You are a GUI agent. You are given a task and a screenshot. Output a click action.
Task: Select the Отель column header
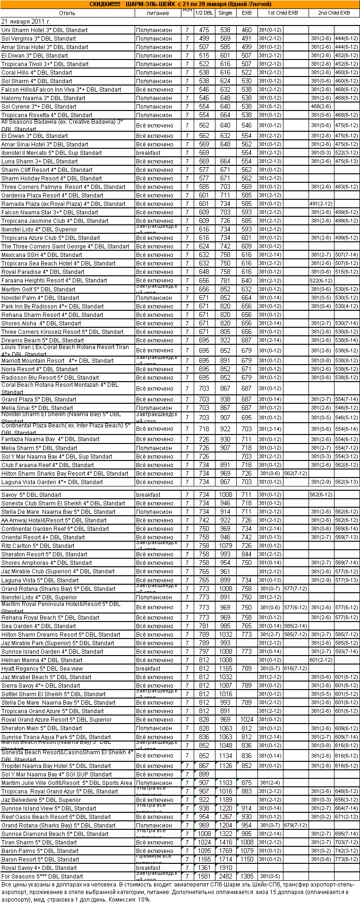pos(68,13)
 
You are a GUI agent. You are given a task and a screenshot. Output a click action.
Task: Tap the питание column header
pos(158,13)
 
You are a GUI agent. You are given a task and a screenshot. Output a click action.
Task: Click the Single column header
pos(225,13)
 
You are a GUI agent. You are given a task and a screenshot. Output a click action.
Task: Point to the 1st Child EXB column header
pos(283,13)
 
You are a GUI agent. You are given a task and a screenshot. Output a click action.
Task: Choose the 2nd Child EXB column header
pos(334,13)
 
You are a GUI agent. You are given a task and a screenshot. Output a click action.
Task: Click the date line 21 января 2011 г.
pos(26,22)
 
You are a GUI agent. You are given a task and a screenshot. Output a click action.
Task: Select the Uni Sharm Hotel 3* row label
pos(44,30)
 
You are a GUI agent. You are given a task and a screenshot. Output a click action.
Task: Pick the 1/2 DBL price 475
pos(204,30)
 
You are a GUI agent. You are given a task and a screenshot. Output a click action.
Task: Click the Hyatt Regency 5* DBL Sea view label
pos(42,669)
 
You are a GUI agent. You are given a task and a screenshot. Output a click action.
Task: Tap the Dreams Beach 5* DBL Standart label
pos(43,341)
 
